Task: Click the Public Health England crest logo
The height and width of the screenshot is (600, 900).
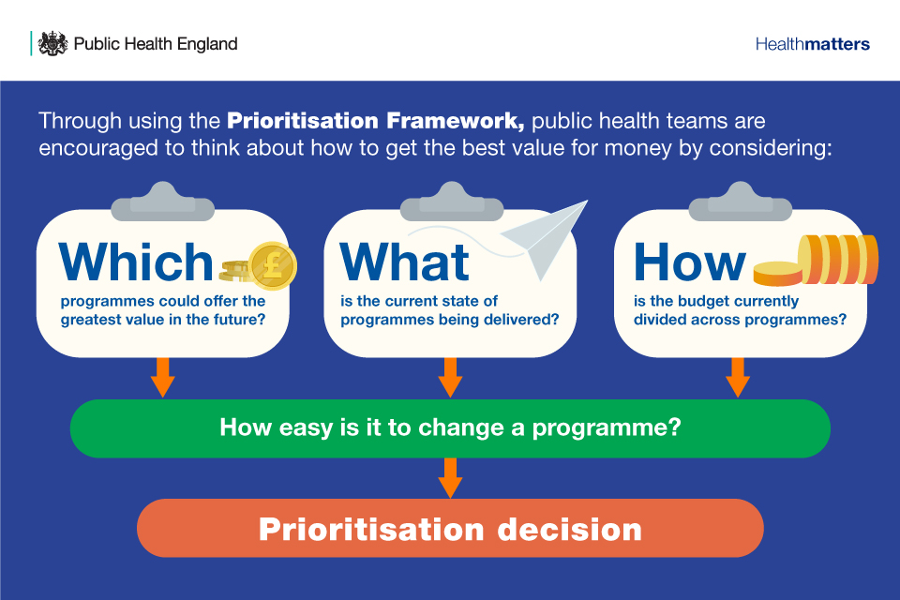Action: (52, 43)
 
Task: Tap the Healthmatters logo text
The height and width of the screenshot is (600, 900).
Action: (812, 44)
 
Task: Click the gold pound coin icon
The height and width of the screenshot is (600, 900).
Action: (272, 264)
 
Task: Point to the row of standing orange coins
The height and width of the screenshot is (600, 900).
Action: (837, 259)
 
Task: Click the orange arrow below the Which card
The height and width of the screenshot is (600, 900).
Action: (163, 377)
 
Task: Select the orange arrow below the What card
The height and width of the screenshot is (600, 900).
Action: (450, 377)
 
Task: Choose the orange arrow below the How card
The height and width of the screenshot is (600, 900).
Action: (738, 377)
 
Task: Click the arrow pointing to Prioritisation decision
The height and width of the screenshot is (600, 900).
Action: (450, 477)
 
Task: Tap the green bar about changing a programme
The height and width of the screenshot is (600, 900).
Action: (450, 428)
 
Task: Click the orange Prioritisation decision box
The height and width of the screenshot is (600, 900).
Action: (450, 528)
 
